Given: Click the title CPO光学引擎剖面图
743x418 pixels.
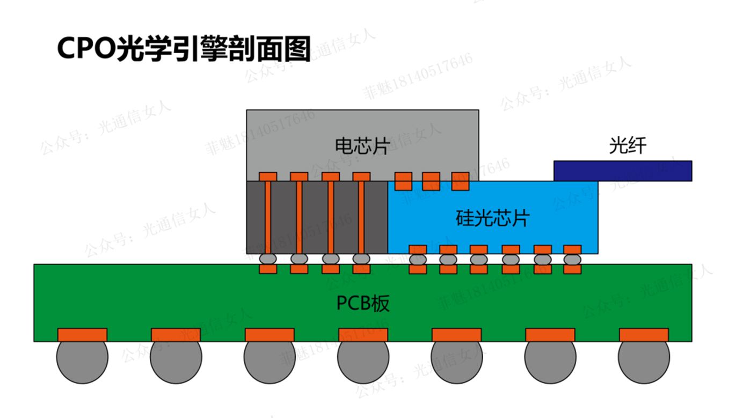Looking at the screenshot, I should [184, 49].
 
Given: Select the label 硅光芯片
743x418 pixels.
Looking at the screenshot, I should [492, 218].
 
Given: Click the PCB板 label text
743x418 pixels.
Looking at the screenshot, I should [363, 304].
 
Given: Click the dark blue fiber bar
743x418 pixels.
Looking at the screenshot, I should [622, 171].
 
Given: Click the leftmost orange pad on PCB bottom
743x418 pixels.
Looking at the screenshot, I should [82, 335].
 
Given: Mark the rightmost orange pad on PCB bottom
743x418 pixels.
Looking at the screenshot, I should [644, 335].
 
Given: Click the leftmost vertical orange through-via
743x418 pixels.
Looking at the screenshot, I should [268, 217].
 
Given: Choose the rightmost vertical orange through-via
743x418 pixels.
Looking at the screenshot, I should [361, 217].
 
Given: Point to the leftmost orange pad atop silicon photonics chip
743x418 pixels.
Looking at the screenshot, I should [403, 181].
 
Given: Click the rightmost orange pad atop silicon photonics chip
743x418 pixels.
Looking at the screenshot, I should [460, 181].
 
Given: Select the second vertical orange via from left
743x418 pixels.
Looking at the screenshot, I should [299, 217].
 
